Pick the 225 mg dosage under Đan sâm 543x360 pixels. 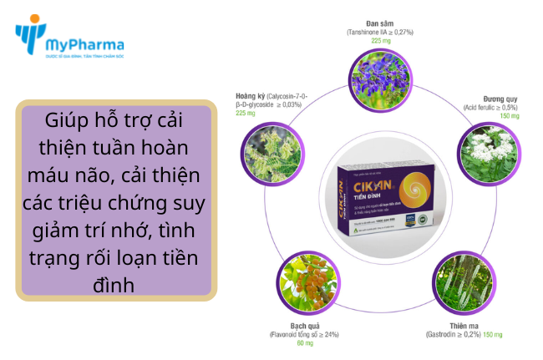[x=380, y=40]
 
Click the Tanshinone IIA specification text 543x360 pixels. [x=380, y=31]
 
